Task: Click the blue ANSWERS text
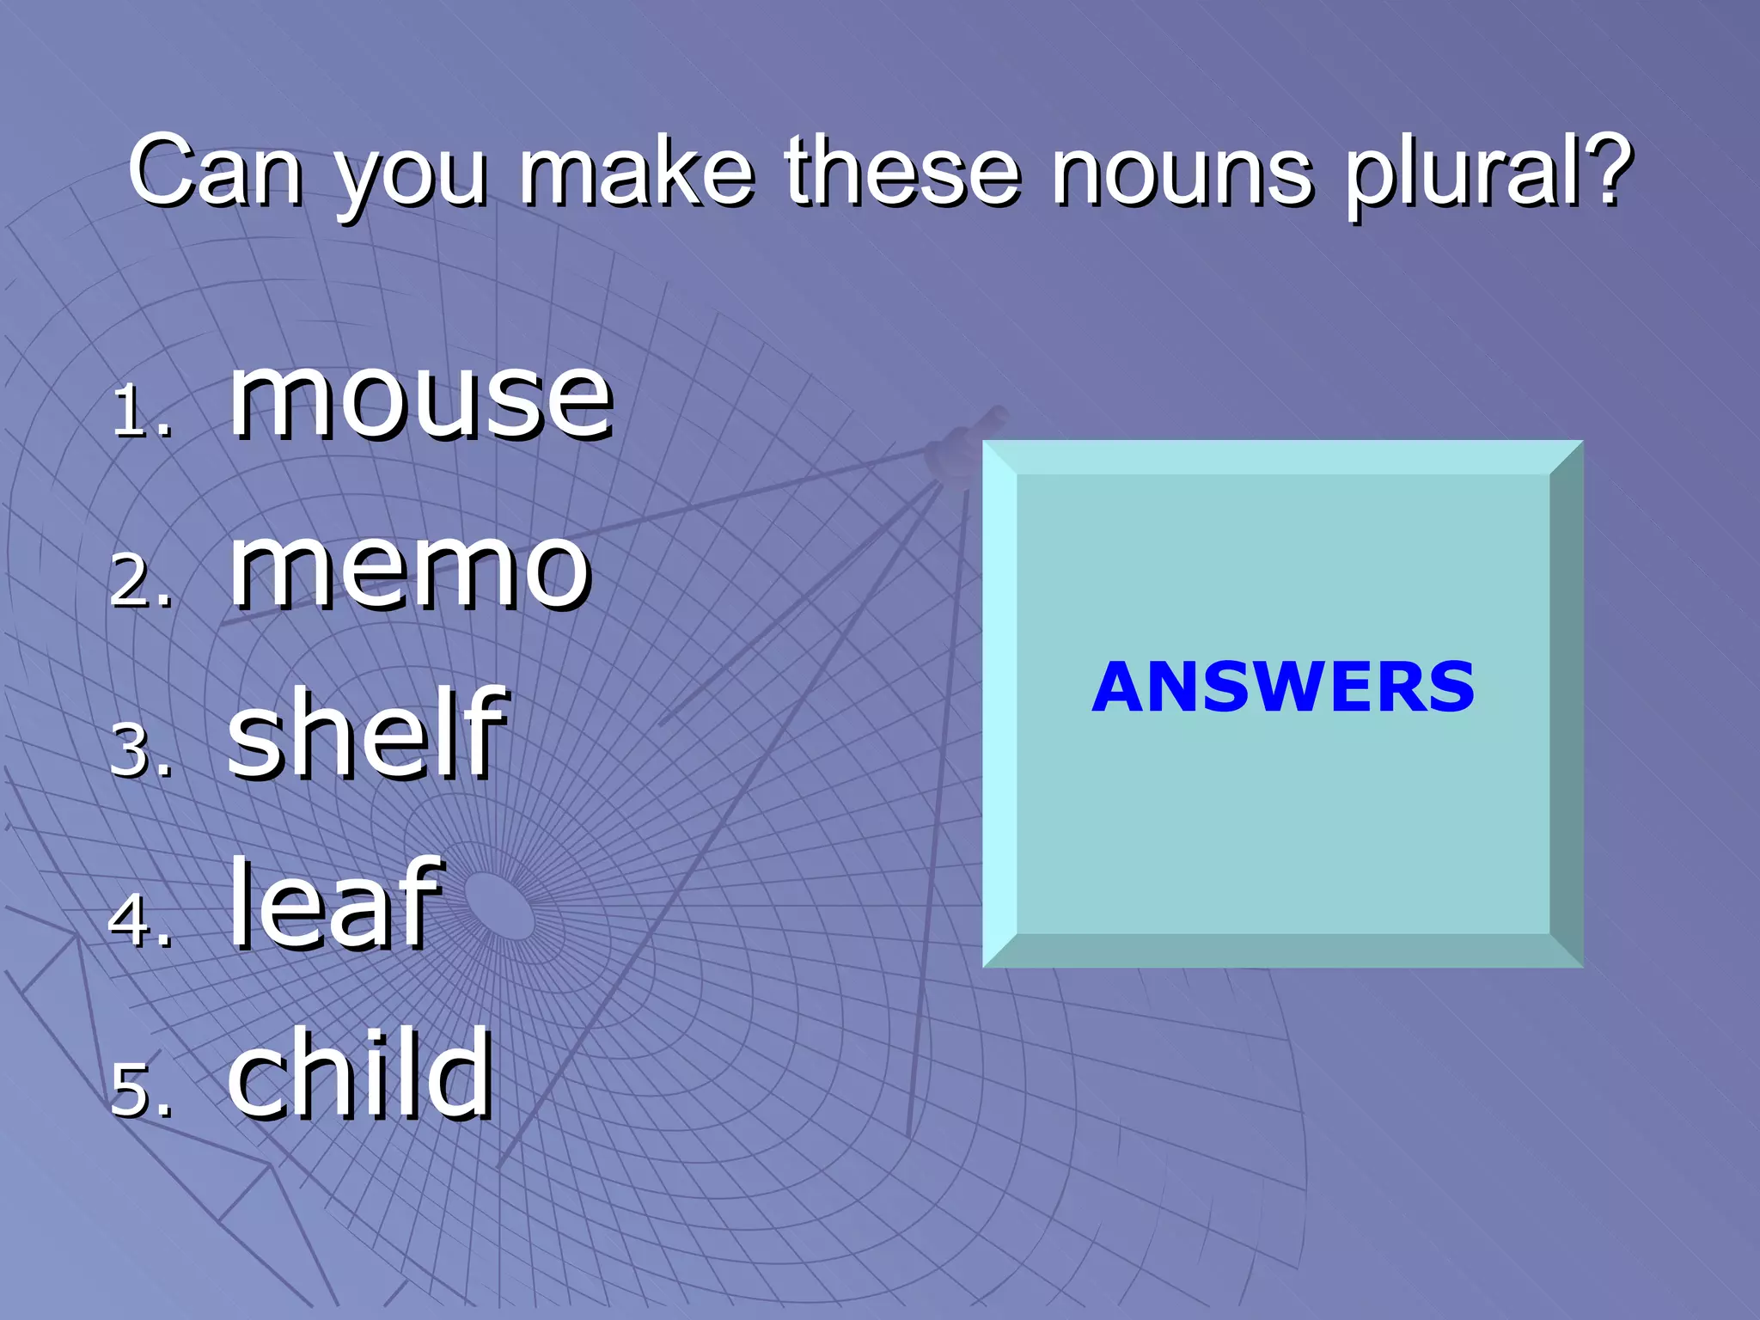point(1283,687)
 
